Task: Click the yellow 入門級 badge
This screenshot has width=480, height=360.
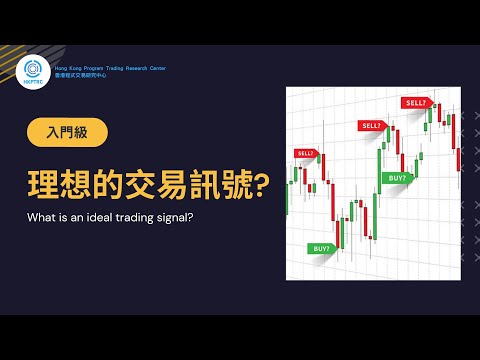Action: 66,132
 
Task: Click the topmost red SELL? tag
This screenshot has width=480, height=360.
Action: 415,103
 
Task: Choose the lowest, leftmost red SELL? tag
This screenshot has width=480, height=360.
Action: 305,154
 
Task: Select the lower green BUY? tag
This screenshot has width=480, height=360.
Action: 322,247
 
